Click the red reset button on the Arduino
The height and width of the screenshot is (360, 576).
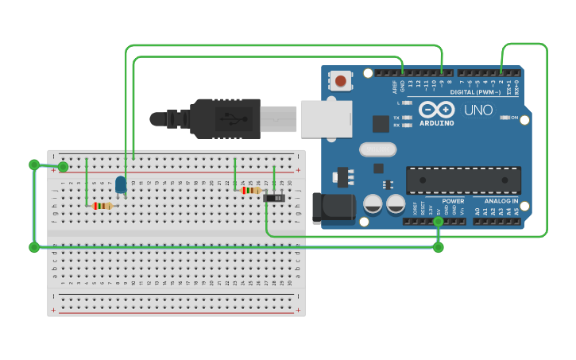(341, 80)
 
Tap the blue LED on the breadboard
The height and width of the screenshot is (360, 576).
(121, 185)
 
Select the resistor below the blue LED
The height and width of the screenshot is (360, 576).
(102, 206)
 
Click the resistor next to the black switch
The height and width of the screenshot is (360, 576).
(250, 190)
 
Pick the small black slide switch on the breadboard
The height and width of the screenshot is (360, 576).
(274, 197)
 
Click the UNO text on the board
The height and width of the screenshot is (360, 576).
(478, 110)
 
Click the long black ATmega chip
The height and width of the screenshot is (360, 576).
(463, 180)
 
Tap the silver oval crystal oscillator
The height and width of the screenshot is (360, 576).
(377, 149)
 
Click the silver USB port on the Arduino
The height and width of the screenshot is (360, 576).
(326, 118)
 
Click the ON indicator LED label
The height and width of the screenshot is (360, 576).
(513, 118)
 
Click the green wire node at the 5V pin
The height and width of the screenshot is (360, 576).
(439, 222)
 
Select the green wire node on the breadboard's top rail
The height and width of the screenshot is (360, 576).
(63, 167)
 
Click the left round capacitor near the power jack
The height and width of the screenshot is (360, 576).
(373, 204)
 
